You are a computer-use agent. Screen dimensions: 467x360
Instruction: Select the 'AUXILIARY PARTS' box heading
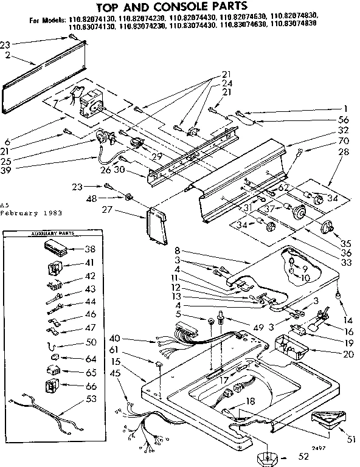point(48,234)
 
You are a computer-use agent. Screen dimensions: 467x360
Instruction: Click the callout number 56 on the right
point(344,120)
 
